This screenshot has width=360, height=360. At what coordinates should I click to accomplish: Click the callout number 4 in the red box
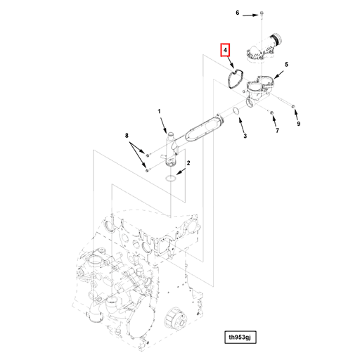[x=226, y=51]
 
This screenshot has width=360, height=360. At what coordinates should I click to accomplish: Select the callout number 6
[x=238, y=13]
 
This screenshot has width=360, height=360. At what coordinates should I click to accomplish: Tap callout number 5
[x=285, y=64]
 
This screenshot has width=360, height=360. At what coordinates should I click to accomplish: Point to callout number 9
[x=298, y=124]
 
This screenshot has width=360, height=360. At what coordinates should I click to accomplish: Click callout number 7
[x=276, y=131]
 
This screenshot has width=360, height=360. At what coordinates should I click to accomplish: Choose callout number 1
[x=160, y=111]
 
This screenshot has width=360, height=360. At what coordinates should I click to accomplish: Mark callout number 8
[x=127, y=134]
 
